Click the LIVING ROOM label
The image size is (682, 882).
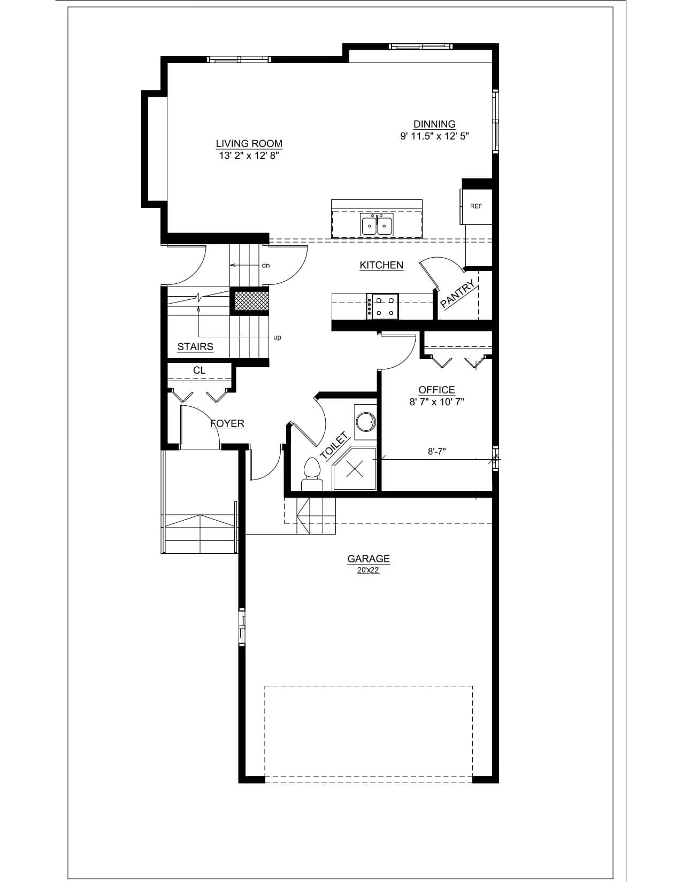[x=249, y=144]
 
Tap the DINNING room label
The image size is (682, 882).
[x=434, y=124]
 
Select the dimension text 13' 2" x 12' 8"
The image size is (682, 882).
[x=249, y=156]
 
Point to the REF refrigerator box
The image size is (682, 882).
[x=476, y=206]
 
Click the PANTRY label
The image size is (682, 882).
[x=457, y=293]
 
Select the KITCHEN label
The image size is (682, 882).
[x=381, y=266]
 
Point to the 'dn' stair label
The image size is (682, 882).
[x=266, y=266]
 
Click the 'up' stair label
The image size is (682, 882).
[x=277, y=338]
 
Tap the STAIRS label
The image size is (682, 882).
[x=195, y=347]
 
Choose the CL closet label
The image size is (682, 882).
[x=199, y=370]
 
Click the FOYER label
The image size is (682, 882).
[x=227, y=424]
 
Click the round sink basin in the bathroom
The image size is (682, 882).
[x=366, y=422]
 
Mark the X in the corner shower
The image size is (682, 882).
[x=355, y=470]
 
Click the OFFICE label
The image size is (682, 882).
[x=436, y=390]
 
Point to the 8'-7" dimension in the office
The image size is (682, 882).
[x=436, y=451]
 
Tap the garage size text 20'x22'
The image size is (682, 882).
[x=369, y=570]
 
